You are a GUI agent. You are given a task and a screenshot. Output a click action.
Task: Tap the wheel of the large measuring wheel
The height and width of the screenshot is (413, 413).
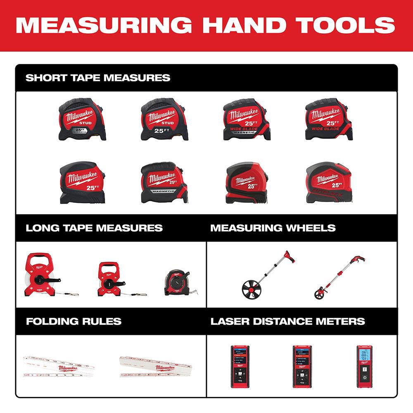(252, 289)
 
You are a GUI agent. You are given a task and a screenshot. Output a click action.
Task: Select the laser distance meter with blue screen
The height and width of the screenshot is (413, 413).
(363, 366)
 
